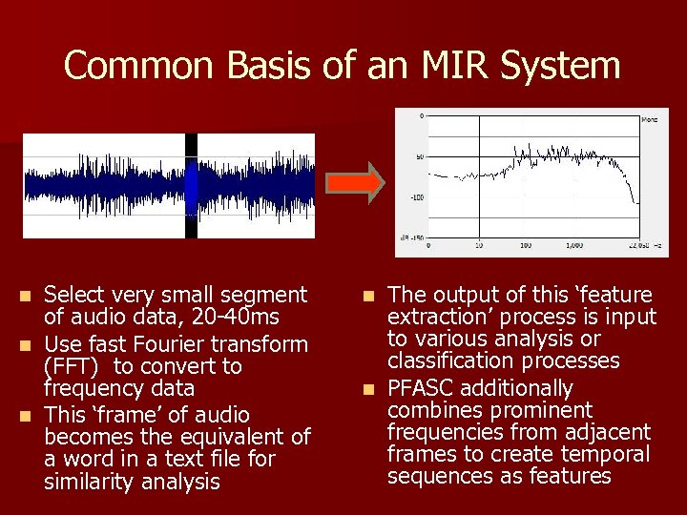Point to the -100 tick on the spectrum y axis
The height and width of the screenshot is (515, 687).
click(x=417, y=198)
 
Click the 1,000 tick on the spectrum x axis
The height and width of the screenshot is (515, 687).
click(x=573, y=245)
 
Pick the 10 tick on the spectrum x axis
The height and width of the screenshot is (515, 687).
click(x=478, y=245)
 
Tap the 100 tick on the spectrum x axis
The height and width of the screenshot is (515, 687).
click(x=525, y=245)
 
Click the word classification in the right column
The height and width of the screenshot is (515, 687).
click(x=447, y=360)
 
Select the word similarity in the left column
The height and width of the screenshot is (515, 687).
click(x=88, y=482)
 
